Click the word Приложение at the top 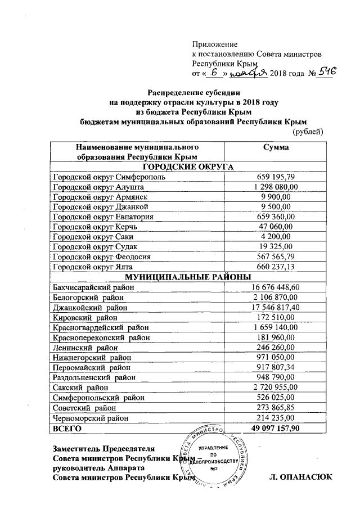click(215, 44)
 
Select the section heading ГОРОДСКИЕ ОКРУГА click(187, 166)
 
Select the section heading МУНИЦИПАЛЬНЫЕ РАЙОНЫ click(187, 277)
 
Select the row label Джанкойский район click(90, 308)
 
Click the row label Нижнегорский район click(93, 357)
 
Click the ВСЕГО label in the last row click(67, 429)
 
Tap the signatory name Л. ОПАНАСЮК click(302, 478)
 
